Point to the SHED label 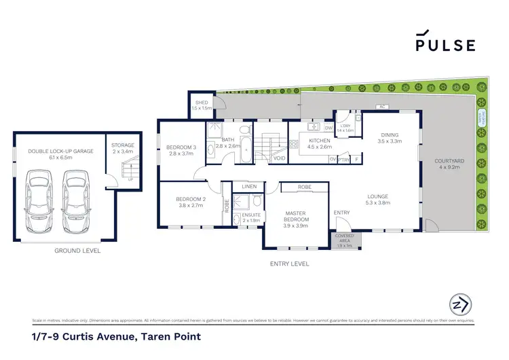pos(202,105)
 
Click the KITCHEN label pos(319,141)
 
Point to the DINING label pos(390,135)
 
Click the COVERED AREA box pos(345,239)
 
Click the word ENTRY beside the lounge pos(341,213)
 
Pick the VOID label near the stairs pos(278,158)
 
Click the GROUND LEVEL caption pos(77,251)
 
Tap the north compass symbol pos(460,304)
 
